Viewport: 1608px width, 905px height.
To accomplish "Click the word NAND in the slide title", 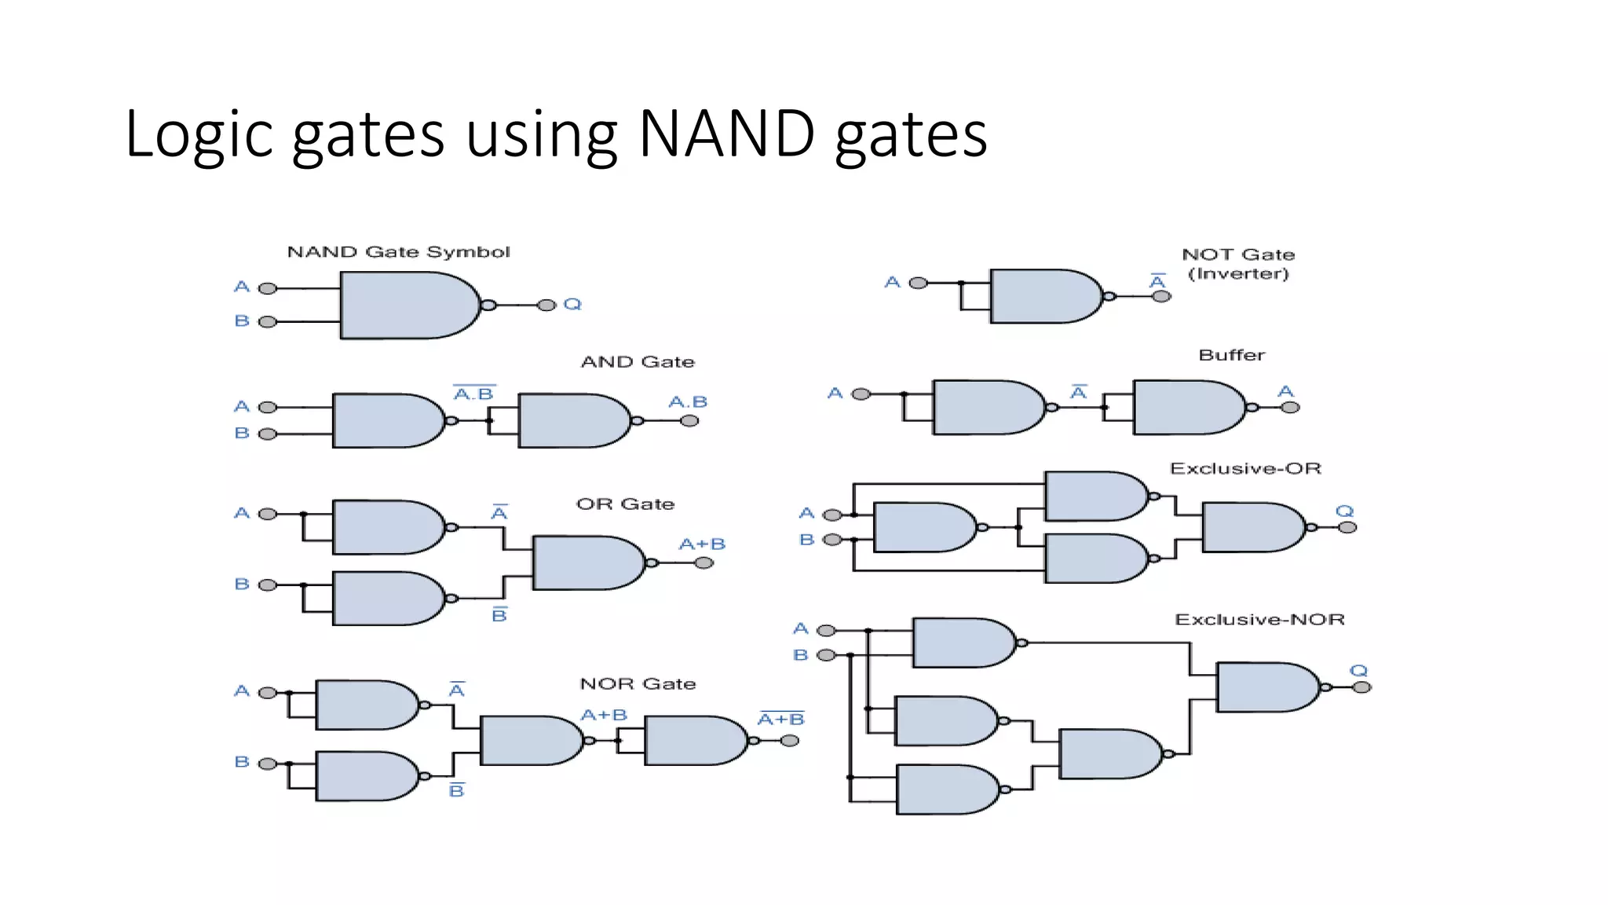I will pyautogui.click(x=727, y=134).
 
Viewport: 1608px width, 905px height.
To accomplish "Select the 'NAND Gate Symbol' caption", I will pyautogui.click(x=398, y=252).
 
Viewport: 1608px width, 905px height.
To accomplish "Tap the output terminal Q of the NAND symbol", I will pyautogui.click(x=547, y=305).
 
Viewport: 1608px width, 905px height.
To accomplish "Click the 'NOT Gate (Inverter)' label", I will pyautogui.click(x=1238, y=264).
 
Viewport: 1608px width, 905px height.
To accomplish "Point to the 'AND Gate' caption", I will pyautogui.click(x=638, y=362).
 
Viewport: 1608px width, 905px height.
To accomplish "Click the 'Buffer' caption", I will pyautogui.click(x=1231, y=355).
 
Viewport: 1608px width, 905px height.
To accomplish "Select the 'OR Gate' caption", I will pyautogui.click(x=625, y=504).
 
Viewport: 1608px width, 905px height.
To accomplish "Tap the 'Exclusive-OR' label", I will pyautogui.click(x=1245, y=469).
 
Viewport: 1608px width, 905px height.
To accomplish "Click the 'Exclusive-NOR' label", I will pyautogui.click(x=1259, y=620).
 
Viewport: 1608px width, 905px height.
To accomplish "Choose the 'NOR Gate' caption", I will pyautogui.click(x=638, y=684).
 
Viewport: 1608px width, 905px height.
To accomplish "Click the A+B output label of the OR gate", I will pyautogui.click(x=702, y=544).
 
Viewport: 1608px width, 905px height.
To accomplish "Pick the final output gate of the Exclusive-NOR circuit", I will pyautogui.click(x=1266, y=687).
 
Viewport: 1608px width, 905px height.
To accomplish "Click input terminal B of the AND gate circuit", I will pyautogui.click(x=268, y=434).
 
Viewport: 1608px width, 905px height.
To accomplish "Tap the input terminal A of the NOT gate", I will pyautogui.click(x=918, y=283).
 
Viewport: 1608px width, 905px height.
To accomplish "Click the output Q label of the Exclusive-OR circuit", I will pyautogui.click(x=1345, y=511).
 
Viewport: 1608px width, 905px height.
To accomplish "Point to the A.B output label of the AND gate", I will pyautogui.click(x=688, y=402).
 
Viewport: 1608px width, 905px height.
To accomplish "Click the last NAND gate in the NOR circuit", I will pyautogui.click(x=693, y=740).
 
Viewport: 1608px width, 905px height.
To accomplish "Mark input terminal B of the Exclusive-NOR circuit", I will pyautogui.click(x=826, y=655).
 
